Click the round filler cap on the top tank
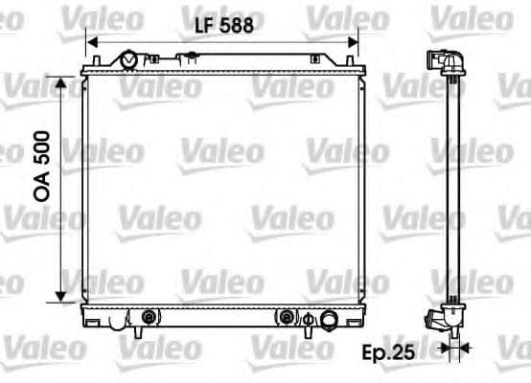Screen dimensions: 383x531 coord(127,60)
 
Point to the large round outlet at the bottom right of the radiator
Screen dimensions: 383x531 coord(328,319)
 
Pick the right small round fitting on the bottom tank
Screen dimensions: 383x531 coord(286,317)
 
